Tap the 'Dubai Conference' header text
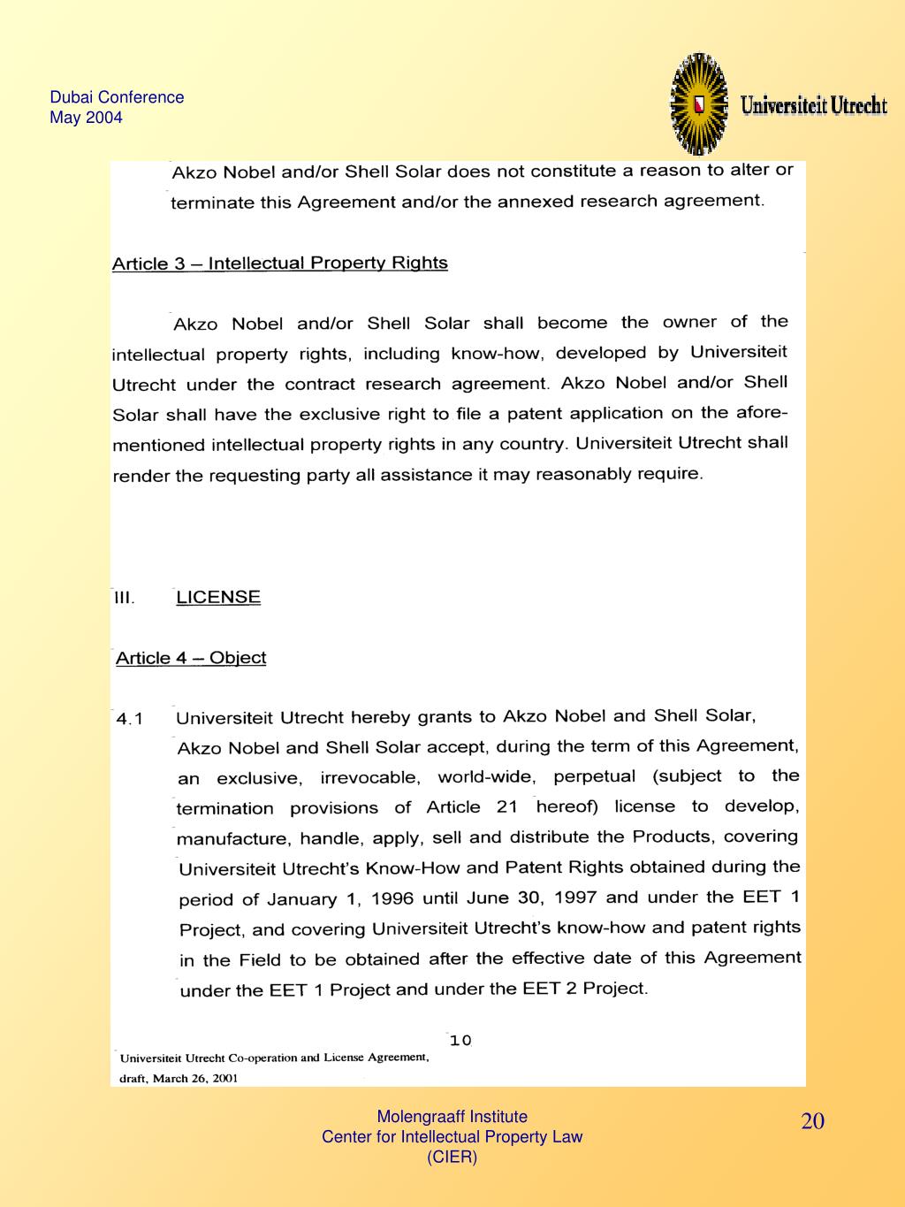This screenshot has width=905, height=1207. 117,97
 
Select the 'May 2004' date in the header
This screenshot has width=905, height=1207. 86,118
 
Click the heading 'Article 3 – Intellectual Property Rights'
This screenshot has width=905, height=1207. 279,264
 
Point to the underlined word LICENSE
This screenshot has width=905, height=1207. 218,597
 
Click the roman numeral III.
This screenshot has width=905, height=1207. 124,598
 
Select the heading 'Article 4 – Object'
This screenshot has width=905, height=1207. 191,658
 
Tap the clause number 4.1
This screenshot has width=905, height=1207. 130,718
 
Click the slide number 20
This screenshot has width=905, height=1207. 813,1122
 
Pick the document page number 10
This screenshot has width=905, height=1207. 460,1041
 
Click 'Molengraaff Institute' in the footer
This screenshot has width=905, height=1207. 452,1117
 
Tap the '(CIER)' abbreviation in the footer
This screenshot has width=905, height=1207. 452,1157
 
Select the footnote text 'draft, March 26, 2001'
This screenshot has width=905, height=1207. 179,1078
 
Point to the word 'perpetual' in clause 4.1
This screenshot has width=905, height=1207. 594,776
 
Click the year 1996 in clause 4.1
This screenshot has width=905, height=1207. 392,898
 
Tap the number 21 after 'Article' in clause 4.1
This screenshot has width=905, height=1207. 507,807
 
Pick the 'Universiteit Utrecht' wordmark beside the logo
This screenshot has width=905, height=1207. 813,105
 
